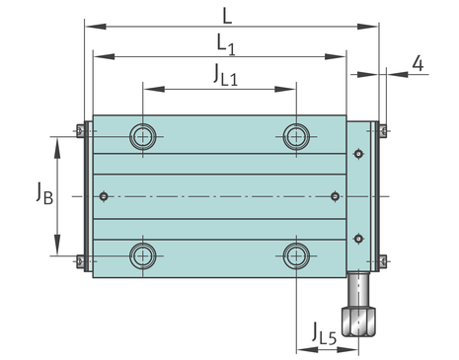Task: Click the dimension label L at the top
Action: (x=227, y=16)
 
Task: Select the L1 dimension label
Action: (x=226, y=44)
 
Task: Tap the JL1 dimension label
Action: (x=225, y=75)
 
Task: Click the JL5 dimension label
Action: (x=325, y=333)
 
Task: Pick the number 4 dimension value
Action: (x=418, y=63)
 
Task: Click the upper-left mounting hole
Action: (x=143, y=136)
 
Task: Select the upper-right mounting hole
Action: (x=296, y=136)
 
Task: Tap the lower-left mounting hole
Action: (x=143, y=255)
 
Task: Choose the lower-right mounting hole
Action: (x=296, y=255)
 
